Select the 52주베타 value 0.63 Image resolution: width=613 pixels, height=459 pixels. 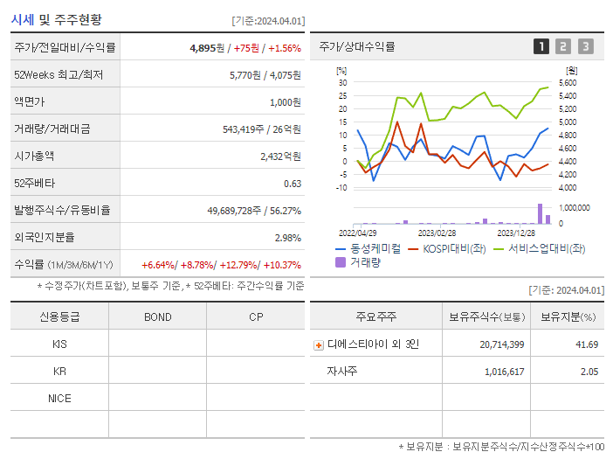(x=293, y=184)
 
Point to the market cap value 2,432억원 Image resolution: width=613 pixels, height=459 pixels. (x=280, y=156)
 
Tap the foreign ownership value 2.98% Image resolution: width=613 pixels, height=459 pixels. (x=287, y=238)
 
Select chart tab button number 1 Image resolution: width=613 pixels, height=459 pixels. (x=541, y=46)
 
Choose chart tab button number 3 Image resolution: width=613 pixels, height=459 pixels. (x=585, y=46)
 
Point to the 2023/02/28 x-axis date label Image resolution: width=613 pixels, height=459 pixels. (x=437, y=233)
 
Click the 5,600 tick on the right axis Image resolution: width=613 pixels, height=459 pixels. (x=567, y=83)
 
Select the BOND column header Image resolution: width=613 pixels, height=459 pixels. (x=157, y=316)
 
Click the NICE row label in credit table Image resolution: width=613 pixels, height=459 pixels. (x=59, y=398)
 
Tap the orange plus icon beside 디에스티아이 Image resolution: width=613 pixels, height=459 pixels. (x=319, y=345)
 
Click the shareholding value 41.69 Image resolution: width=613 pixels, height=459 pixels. (x=587, y=344)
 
